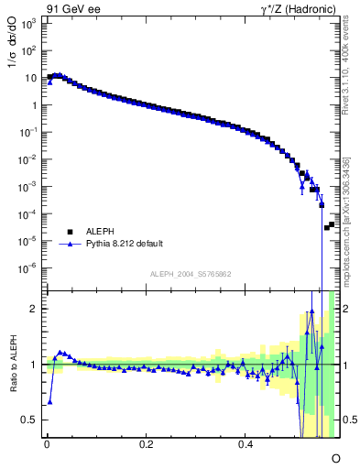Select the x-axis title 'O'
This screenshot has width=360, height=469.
335,457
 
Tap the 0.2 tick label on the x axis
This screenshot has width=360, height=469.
146,444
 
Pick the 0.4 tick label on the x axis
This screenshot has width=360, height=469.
245,444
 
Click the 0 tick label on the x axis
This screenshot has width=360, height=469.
47,444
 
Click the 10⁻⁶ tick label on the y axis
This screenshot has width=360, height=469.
28,268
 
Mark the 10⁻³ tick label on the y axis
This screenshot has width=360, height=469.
28,187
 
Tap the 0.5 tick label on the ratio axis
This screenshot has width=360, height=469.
30,420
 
